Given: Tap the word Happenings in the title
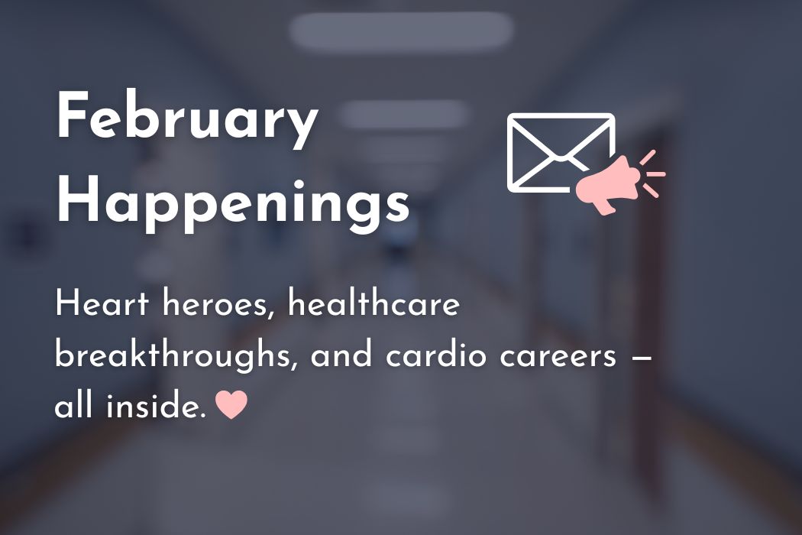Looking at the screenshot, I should (x=233, y=200).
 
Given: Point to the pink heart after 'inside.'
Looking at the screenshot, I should (x=231, y=404).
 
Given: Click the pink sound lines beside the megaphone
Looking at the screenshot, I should (x=651, y=173).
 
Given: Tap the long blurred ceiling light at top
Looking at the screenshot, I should (x=401, y=30).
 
